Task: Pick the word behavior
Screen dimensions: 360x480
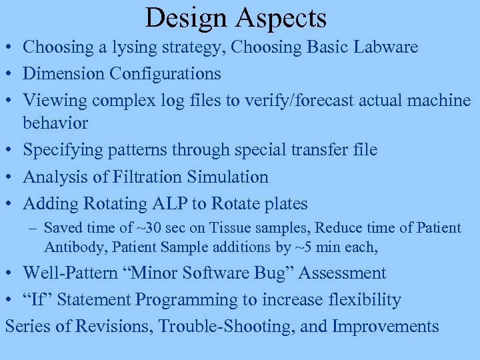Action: [55, 123]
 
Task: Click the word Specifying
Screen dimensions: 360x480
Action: [62, 150]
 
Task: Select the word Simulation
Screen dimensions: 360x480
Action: [227, 177]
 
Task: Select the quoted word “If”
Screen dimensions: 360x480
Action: [37, 300]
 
